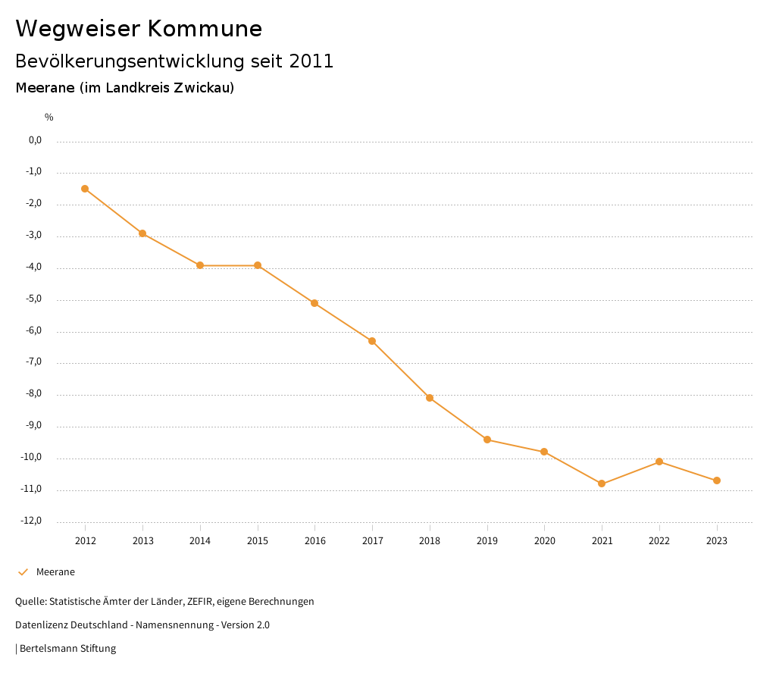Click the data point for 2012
(85, 189)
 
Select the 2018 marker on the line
(430, 398)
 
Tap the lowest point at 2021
(602, 484)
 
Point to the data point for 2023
(717, 480)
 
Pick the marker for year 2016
(314, 303)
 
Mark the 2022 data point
(659, 462)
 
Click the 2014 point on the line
(200, 265)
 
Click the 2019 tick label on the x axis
(487, 540)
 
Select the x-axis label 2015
(258, 540)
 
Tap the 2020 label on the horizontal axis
(544, 540)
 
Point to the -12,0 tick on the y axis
(33, 521)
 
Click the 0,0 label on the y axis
(35, 140)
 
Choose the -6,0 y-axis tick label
(33, 330)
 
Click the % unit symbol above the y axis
(49, 117)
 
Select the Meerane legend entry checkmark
(23, 572)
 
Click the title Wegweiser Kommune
(139, 29)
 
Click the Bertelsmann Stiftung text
(67, 649)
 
